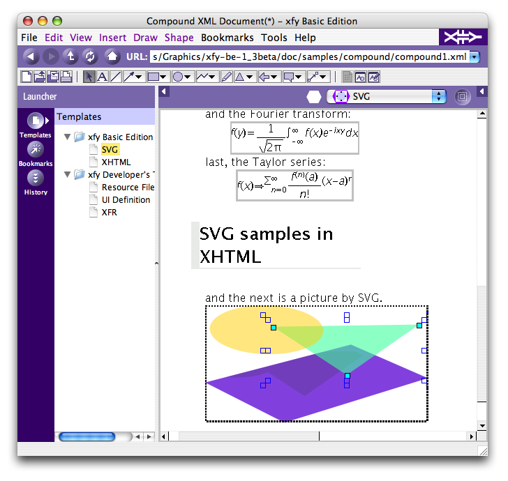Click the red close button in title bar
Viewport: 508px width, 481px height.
pos(28,21)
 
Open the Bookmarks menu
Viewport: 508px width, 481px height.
pos(227,38)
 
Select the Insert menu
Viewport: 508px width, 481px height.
pos(112,38)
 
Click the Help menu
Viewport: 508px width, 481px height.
pos(305,38)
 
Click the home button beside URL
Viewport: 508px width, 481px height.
pos(112,56)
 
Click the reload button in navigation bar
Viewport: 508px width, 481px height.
pos(90,56)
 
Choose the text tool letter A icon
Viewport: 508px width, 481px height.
pos(103,77)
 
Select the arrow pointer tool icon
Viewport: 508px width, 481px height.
pos(89,77)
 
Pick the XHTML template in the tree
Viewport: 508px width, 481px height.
pos(116,162)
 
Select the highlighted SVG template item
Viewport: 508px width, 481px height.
pos(110,150)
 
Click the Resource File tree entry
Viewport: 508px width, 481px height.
pos(128,188)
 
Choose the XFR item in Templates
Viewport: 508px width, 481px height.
pos(109,213)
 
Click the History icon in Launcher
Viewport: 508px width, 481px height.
pos(36,178)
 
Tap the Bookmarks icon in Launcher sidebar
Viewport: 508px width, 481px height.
pos(36,149)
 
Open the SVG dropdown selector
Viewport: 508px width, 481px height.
pos(387,96)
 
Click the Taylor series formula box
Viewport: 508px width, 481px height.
pos(294,185)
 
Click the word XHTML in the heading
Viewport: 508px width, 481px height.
pos(230,257)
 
